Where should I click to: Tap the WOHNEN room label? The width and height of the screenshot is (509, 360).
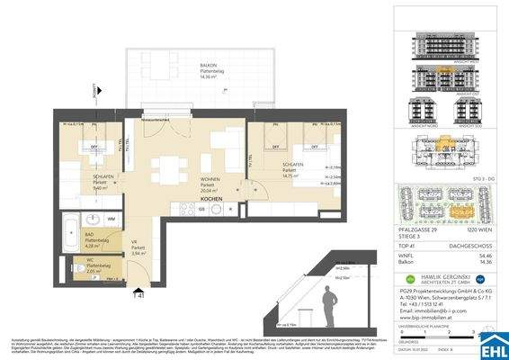[x=210, y=179]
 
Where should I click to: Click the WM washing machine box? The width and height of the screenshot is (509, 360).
[x=111, y=219]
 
